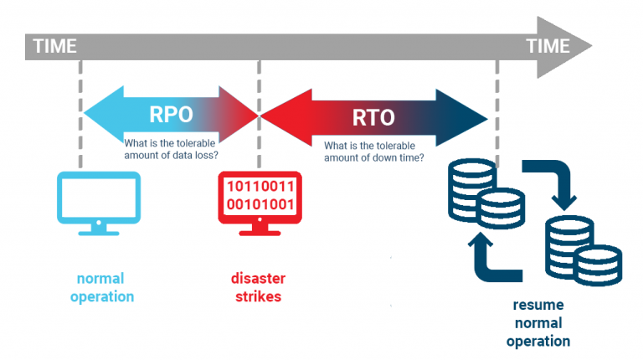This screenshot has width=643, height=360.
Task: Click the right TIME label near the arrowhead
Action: coord(548,46)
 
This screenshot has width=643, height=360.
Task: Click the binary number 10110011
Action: coord(260,186)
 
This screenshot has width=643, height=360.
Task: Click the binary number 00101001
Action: coord(260,203)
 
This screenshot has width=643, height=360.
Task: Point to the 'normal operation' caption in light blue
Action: coord(105,288)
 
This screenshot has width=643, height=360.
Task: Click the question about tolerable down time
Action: coord(373,151)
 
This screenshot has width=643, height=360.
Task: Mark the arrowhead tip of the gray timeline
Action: coord(589,46)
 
